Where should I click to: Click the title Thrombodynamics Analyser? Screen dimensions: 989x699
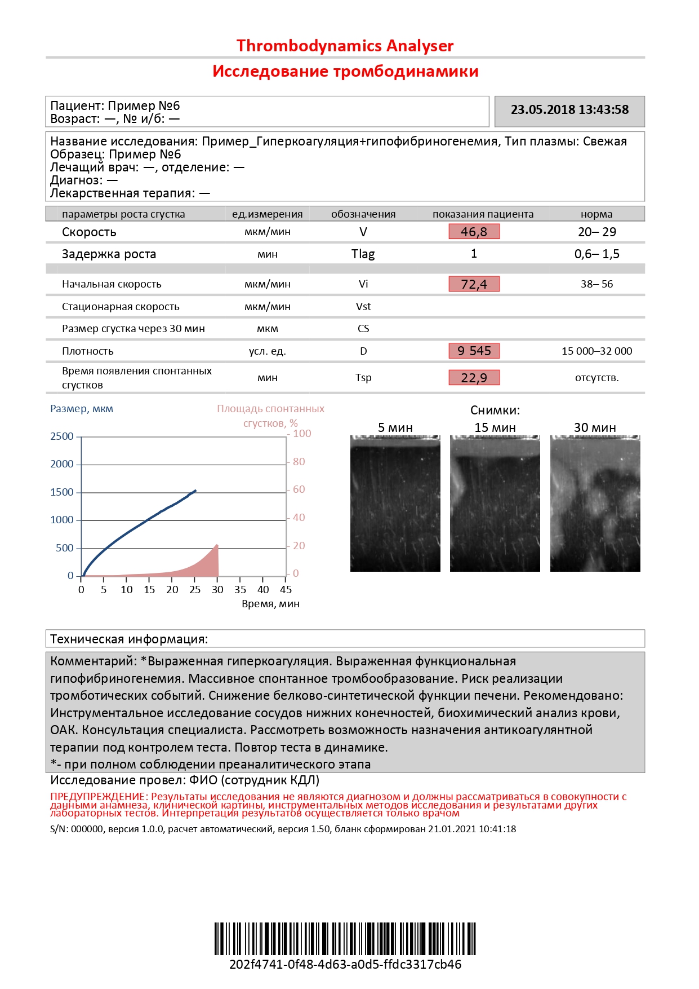345,46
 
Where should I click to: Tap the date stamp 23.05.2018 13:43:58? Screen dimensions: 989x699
569,110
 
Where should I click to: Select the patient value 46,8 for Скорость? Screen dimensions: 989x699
474,232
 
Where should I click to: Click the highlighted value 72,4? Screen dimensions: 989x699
474,284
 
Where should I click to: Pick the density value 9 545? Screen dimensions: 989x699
474,351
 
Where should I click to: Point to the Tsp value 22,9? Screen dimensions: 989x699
474,378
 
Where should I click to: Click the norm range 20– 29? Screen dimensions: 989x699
596,232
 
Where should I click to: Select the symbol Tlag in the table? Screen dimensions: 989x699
363,254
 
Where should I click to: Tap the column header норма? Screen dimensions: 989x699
596,214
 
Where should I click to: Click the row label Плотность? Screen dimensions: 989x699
88,351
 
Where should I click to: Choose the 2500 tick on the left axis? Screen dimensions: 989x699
62,436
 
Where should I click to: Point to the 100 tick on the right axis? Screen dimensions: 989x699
302,434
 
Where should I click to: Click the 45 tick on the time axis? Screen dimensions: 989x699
286,590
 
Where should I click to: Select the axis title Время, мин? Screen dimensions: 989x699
270,604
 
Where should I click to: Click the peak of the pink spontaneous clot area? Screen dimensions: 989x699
217,545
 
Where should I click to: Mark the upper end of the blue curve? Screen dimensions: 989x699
195,491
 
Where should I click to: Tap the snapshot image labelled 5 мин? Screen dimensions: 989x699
395,504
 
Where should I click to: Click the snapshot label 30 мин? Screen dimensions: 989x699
595,428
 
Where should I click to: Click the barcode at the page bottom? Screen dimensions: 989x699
345,938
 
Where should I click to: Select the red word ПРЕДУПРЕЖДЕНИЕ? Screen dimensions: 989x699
98,797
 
